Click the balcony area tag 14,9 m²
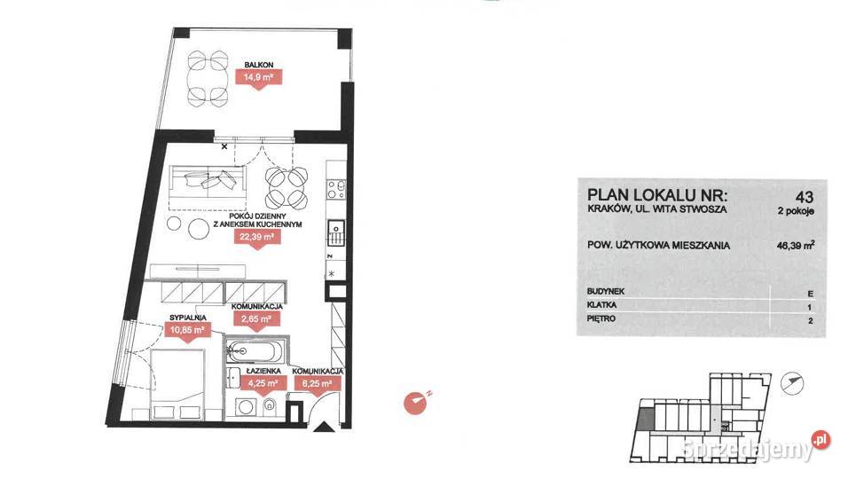click(x=258, y=78)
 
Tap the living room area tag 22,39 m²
click(x=257, y=238)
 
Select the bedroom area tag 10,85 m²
click(x=187, y=330)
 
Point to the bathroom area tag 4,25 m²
click(x=263, y=384)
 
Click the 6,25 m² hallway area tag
click(x=318, y=384)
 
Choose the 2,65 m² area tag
click(x=257, y=320)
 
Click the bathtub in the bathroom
click(x=255, y=352)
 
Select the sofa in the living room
click(x=208, y=182)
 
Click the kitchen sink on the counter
click(x=336, y=232)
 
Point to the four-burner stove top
click(x=336, y=189)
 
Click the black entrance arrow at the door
click(x=324, y=428)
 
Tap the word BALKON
click(x=258, y=65)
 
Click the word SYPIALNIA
click(x=187, y=318)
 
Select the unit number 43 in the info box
click(x=805, y=196)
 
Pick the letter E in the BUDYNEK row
click(x=810, y=294)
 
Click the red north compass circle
click(x=415, y=403)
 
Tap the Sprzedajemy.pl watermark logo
click(x=756, y=446)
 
